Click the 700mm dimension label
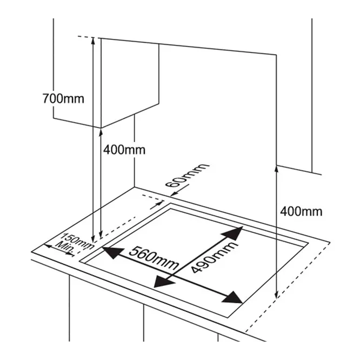63,99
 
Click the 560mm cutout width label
154,258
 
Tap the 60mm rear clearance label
188,175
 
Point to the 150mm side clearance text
77,241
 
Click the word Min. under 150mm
65,248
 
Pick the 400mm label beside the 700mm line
124,150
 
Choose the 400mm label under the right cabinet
301,211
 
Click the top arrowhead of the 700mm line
93,41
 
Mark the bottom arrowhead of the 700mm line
93,239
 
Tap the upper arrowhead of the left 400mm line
101,132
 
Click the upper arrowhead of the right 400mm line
276,169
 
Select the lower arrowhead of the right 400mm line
276,295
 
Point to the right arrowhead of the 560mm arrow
232,297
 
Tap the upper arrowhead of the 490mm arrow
232,234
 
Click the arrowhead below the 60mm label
174,194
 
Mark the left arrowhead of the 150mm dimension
48,246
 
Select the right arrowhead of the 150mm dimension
70,254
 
